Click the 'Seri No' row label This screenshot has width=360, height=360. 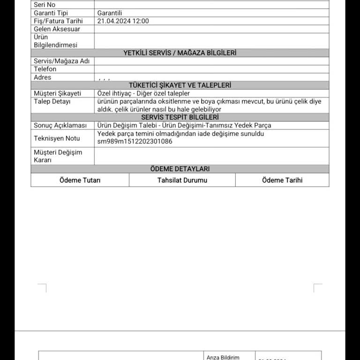[x=45, y=5]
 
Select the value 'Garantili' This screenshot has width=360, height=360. [x=110, y=13]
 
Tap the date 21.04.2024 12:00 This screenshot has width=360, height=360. [x=123, y=21]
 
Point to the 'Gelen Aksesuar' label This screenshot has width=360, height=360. [x=57, y=29]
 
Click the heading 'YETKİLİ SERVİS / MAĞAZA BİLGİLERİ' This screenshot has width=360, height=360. [x=180, y=53]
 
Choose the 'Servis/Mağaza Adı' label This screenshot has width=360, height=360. [x=61, y=61]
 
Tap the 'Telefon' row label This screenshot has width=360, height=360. [x=45, y=69]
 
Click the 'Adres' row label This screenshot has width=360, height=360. [x=43, y=77]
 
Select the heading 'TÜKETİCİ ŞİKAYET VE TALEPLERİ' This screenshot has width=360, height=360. [x=180, y=85]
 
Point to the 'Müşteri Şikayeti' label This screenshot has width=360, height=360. [x=57, y=94]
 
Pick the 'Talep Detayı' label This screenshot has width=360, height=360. [x=52, y=102]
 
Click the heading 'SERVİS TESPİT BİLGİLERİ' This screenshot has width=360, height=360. [x=180, y=117]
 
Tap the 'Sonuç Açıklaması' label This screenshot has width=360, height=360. [x=60, y=126]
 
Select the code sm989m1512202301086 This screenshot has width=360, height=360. [x=135, y=142]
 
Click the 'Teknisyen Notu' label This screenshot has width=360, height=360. [x=57, y=138]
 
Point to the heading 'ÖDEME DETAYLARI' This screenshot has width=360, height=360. [x=180, y=169]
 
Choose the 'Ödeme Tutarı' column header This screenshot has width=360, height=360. [x=80, y=180]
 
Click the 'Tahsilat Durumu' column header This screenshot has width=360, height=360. [x=182, y=180]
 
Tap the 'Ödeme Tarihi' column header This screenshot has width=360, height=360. [x=282, y=180]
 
